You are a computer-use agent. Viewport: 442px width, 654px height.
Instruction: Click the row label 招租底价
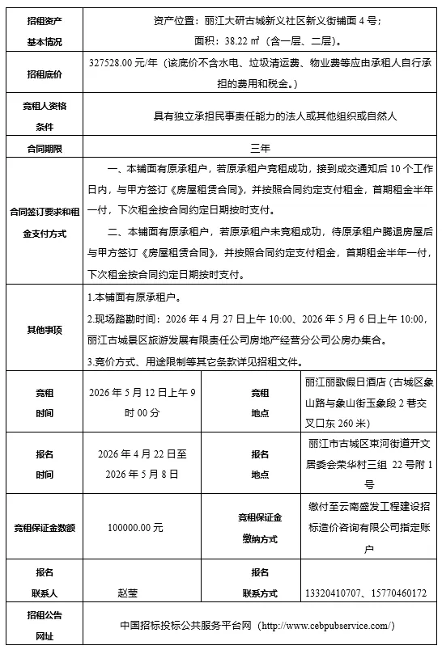coord(45,75)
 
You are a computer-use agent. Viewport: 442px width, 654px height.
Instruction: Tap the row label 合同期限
coord(45,148)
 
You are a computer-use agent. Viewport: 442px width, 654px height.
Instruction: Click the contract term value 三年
coord(260,149)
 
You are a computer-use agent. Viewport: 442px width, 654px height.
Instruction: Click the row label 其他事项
coord(45,330)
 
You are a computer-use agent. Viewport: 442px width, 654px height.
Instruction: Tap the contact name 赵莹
coord(127,593)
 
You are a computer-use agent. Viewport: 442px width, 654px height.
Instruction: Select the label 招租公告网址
coord(45,626)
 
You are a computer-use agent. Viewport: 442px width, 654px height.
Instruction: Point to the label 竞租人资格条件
coord(45,116)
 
